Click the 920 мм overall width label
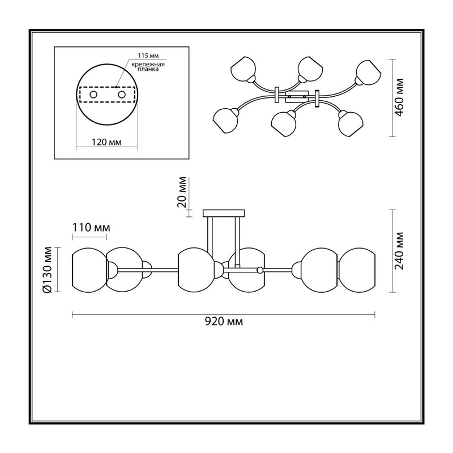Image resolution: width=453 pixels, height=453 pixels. pyautogui.click(x=224, y=321)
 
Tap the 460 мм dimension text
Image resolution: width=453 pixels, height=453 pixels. pyautogui.click(x=399, y=97)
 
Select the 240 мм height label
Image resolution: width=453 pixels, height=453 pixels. pyautogui.click(x=399, y=250)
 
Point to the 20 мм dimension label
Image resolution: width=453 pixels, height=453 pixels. pyautogui.click(x=182, y=193)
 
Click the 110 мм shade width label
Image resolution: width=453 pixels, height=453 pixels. pyautogui.click(x=91, y=228)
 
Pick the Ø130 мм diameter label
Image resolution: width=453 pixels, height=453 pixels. pyautogui.click(x=47, y=270)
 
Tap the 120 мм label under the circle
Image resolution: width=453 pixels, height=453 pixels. pyautogui.click(x=106, y=142)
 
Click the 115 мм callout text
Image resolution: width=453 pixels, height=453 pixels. pyautogui.click(x=148, y=55)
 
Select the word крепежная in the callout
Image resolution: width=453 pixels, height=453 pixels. pyautogui.click(x=148, y=65)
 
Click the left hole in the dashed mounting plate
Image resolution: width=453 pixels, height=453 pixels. pyautogui.click(x=93, y=95)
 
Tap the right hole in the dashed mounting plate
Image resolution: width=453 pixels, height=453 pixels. pyautogui.click(x=122, y=95)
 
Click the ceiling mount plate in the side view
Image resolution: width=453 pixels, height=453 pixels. pyautogui.click(x=224, y=213)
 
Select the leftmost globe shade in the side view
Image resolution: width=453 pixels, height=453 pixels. pyautogui.click(x=89, y=270)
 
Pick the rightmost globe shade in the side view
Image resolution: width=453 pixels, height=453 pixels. pyautogui.click(x=357, y=270)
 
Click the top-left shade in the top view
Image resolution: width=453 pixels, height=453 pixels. pyautogui.click(x=243, y=69)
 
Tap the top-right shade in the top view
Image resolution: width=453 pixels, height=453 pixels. pyautogui.click(x=369, y=72)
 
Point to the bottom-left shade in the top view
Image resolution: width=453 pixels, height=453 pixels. pyautogui.click(x=225, y=121)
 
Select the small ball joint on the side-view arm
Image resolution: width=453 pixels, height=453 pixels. pyautogui.click(x=260, y=270)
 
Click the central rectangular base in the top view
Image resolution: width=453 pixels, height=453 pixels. pyautogui.click(x=297, y=96)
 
